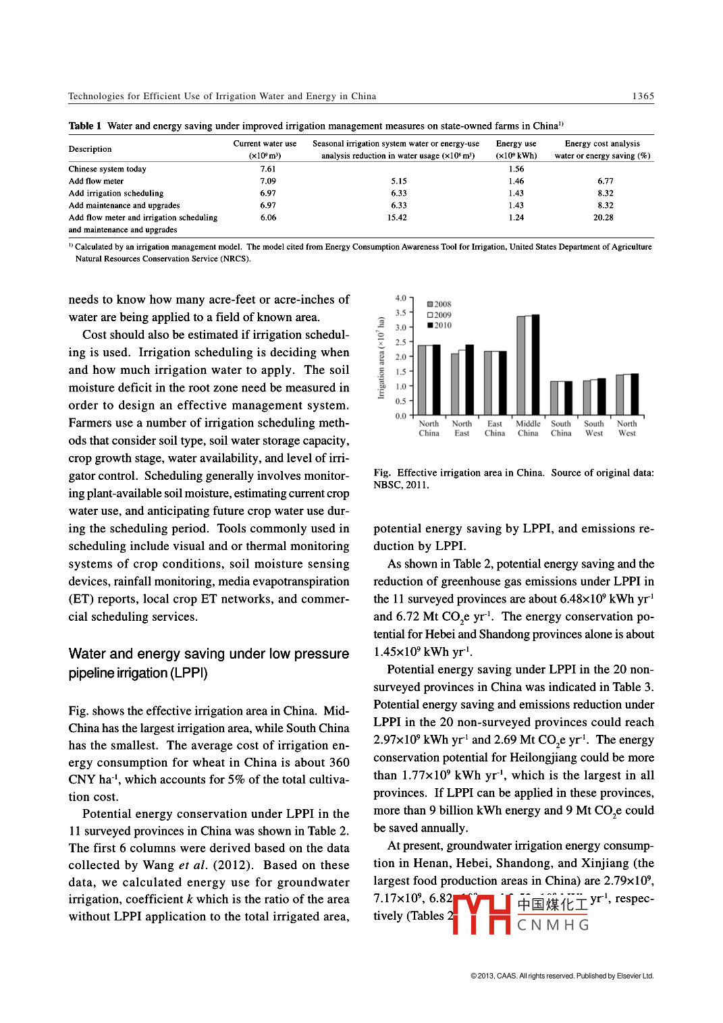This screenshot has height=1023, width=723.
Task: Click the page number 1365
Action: click(x=643, y=96)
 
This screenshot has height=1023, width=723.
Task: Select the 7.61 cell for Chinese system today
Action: click(x=268, y=169)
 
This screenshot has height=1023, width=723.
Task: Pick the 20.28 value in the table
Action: click(x=604, y=218)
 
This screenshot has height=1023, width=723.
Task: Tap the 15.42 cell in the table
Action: click(x=397, y=218)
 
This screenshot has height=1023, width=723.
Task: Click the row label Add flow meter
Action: click(x=96, y=182)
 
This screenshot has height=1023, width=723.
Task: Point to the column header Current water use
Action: click(x=265, y=144)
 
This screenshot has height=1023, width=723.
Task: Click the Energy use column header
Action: click(x=516, y=144)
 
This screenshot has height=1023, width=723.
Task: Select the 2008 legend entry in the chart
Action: click(x=439, y=304)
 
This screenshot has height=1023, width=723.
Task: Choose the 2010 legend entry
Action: click(x=439, y=325)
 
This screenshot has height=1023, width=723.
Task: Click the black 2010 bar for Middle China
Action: click(x=536, y=364)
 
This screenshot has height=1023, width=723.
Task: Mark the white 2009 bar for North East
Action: click(x=462, y=382)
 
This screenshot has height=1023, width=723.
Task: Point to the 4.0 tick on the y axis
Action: click(x=401, y=298)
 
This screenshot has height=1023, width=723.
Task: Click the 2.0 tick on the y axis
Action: click(x=401, y=357)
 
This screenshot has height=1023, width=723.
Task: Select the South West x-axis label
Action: click(x=594, y=428)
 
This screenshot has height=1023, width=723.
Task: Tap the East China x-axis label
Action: click(x=495, y=428)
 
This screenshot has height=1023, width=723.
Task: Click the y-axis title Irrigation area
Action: click(x=381, y=358)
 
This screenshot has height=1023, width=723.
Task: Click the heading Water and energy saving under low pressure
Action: click(x=209, y=654)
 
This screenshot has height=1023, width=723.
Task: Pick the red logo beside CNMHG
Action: click(x=481, y=914)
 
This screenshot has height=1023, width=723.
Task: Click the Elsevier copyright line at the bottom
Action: click(x=562, y=976)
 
